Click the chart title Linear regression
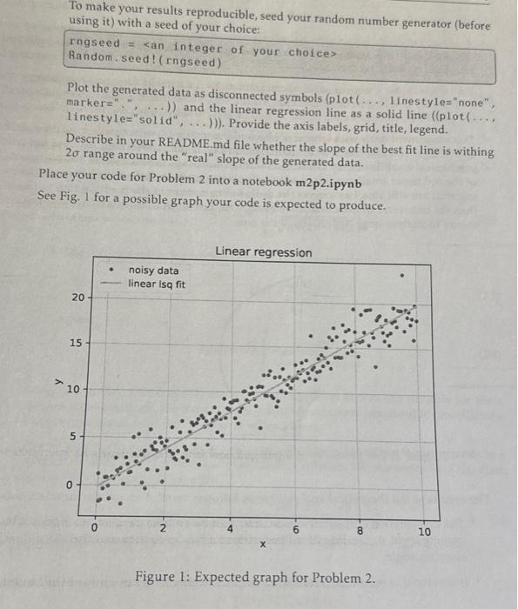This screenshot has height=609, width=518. click(x=263, y=252)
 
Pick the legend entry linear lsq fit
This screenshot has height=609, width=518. click(x=157, y=284)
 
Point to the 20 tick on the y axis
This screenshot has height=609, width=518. click(x=78, y=298)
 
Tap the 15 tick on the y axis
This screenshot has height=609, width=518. click(x=78, y=344)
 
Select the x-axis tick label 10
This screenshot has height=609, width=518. click(x=423, y=530)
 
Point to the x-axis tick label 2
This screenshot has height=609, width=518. click(x=162, y=525)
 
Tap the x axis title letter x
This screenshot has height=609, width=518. click(x=261, y=544)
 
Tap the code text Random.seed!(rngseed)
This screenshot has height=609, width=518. click(x=145, y=63)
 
